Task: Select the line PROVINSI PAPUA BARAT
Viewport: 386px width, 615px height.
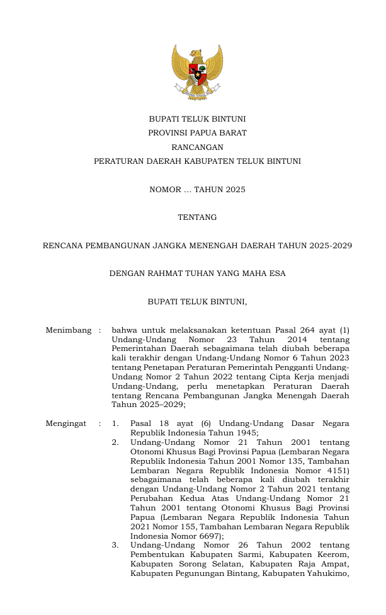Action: click(197, 133)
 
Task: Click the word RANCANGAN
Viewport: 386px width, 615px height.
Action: click(197, 147)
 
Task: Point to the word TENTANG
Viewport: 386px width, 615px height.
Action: click(197, 217)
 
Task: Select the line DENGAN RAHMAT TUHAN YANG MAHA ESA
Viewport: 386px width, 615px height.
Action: click(197, 273)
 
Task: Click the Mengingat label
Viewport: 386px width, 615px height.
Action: click(65, 423)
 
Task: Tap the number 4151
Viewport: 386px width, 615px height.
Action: click(338, 470)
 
